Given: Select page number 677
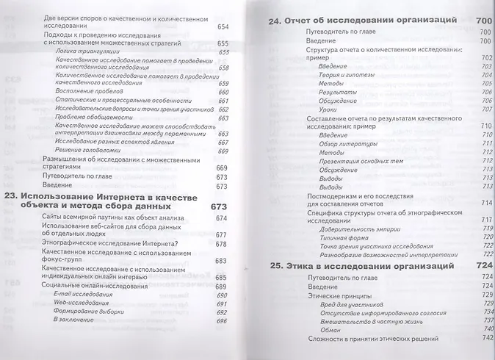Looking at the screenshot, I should point(222,234).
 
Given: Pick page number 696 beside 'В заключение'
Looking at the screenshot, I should point(222,321).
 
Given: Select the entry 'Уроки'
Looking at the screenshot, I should point(328,109).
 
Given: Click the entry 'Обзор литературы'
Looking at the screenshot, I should point(344,143).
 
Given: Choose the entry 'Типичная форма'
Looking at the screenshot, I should point(341,237).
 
